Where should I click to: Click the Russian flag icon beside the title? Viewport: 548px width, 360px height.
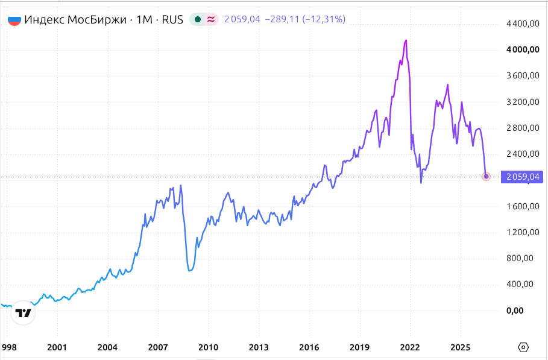tap(14, 19)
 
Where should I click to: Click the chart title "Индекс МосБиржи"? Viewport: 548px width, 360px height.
tap(75, 19)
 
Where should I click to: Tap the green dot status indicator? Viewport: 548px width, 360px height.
tap(198, 19)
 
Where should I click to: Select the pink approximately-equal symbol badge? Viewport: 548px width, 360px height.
tap(211, 19)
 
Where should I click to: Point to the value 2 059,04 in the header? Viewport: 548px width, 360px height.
tap(242, 19)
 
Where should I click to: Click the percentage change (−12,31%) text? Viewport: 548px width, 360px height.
tap(324, 19)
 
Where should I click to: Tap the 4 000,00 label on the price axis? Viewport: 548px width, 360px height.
tap(523, 49)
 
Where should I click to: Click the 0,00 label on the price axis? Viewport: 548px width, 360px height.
tap(515, 311)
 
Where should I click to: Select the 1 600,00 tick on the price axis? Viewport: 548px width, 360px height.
tap(523, 206)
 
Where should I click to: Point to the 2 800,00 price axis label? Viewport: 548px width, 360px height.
tap(523, 128)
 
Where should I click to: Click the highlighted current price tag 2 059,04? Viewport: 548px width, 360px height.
tap(523, 177)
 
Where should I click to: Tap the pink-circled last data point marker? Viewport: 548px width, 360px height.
tap(486, 177)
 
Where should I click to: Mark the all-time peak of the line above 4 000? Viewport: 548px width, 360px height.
tap(406, 40)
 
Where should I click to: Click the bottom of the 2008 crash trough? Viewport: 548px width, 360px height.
tap(189, 271)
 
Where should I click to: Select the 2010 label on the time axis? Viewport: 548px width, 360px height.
tap(209, 347)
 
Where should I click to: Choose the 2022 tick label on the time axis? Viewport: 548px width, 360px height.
tap(410, 347)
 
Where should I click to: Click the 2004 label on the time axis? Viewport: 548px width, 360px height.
tap(108, 347)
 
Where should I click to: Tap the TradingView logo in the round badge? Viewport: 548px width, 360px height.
tap(23, 313)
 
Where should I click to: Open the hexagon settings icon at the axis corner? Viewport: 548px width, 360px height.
tap(523, 347)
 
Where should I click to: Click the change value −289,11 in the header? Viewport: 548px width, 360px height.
tap(282, 19)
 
